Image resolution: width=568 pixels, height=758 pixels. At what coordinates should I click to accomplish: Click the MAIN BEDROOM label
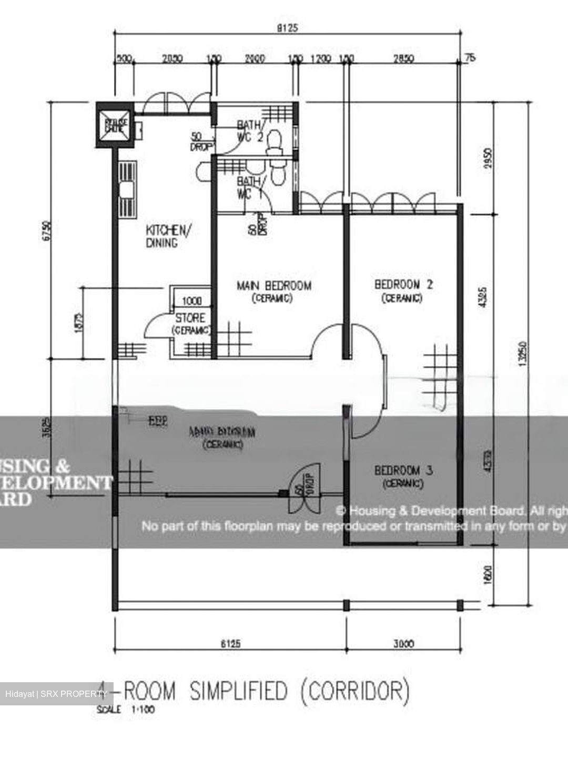click(273, 286)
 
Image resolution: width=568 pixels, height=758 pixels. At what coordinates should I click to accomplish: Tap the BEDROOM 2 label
click(403, 285)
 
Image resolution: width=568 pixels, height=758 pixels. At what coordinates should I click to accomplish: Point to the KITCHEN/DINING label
click(165, 236)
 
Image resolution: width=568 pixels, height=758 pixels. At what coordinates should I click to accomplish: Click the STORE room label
click(190, 318)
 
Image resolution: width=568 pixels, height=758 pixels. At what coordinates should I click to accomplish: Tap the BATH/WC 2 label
click(249, 130)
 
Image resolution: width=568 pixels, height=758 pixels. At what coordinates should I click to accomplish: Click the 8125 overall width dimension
click(287, 28)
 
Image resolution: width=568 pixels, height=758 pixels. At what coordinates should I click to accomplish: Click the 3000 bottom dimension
click(403, 643)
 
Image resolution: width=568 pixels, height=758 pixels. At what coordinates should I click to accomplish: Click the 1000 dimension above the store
click(191, 301)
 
